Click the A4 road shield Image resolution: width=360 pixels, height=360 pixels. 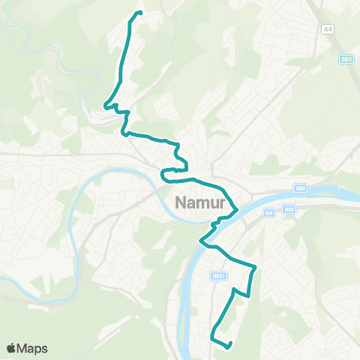pyautogui.click(x=327, y=28)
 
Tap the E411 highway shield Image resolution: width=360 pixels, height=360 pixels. pyautogui.click(x=346, y=59)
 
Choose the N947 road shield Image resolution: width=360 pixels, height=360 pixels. pyautogui.click(x=217, y=276)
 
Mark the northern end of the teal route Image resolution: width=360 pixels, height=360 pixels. pyautogui.click(x=139, y=12)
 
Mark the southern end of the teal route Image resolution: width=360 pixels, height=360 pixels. pyautogui.click(x=228, y=346)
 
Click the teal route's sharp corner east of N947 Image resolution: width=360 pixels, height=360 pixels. pyautogui.click(x=256, y=265)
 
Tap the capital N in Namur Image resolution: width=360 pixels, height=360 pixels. pyautogui.click(x=181, y=202)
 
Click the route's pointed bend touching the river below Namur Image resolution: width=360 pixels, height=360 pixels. pyautogui.click(x=200, y=241)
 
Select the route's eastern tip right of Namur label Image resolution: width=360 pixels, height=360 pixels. pyautogui.click(x=238, y=209)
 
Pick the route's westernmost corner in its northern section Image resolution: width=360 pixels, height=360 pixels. pyautogui.click(x=104, y=107)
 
